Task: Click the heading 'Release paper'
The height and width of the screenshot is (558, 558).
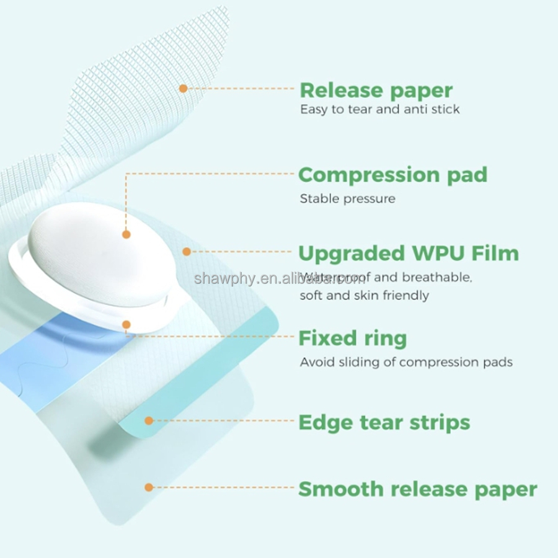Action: click(x=376, y=91)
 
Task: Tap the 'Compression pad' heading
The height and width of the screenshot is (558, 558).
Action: click(x=392, y=175)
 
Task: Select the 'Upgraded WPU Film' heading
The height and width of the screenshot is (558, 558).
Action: click(x=409, y=254)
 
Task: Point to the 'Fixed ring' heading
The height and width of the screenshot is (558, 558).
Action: click(x=353, y=339)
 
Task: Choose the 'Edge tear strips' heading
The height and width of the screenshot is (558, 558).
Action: click(x=384, y=423)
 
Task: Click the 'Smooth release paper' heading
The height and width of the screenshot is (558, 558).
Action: click(x=417, y=489)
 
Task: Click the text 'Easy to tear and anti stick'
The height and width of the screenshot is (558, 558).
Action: click(x=379, y=110)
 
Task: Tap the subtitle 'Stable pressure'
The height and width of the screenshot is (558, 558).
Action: click(x=347, y=199)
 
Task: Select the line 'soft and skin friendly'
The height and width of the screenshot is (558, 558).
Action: click(x=364, y=296)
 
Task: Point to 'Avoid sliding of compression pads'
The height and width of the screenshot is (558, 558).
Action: click(x=406, y=362)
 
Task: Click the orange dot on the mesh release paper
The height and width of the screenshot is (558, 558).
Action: click(x=183, y=89)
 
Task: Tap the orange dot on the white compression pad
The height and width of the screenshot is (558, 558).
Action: click(x=126, y=234)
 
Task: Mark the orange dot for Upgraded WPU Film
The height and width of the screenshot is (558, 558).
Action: click(x=186, y=252)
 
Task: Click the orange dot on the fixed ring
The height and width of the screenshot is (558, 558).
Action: click(x=126, y=324)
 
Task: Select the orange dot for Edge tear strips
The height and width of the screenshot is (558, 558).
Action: click(x=149, y=421)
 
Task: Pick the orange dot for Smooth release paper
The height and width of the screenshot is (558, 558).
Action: click(x=149, y=487)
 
